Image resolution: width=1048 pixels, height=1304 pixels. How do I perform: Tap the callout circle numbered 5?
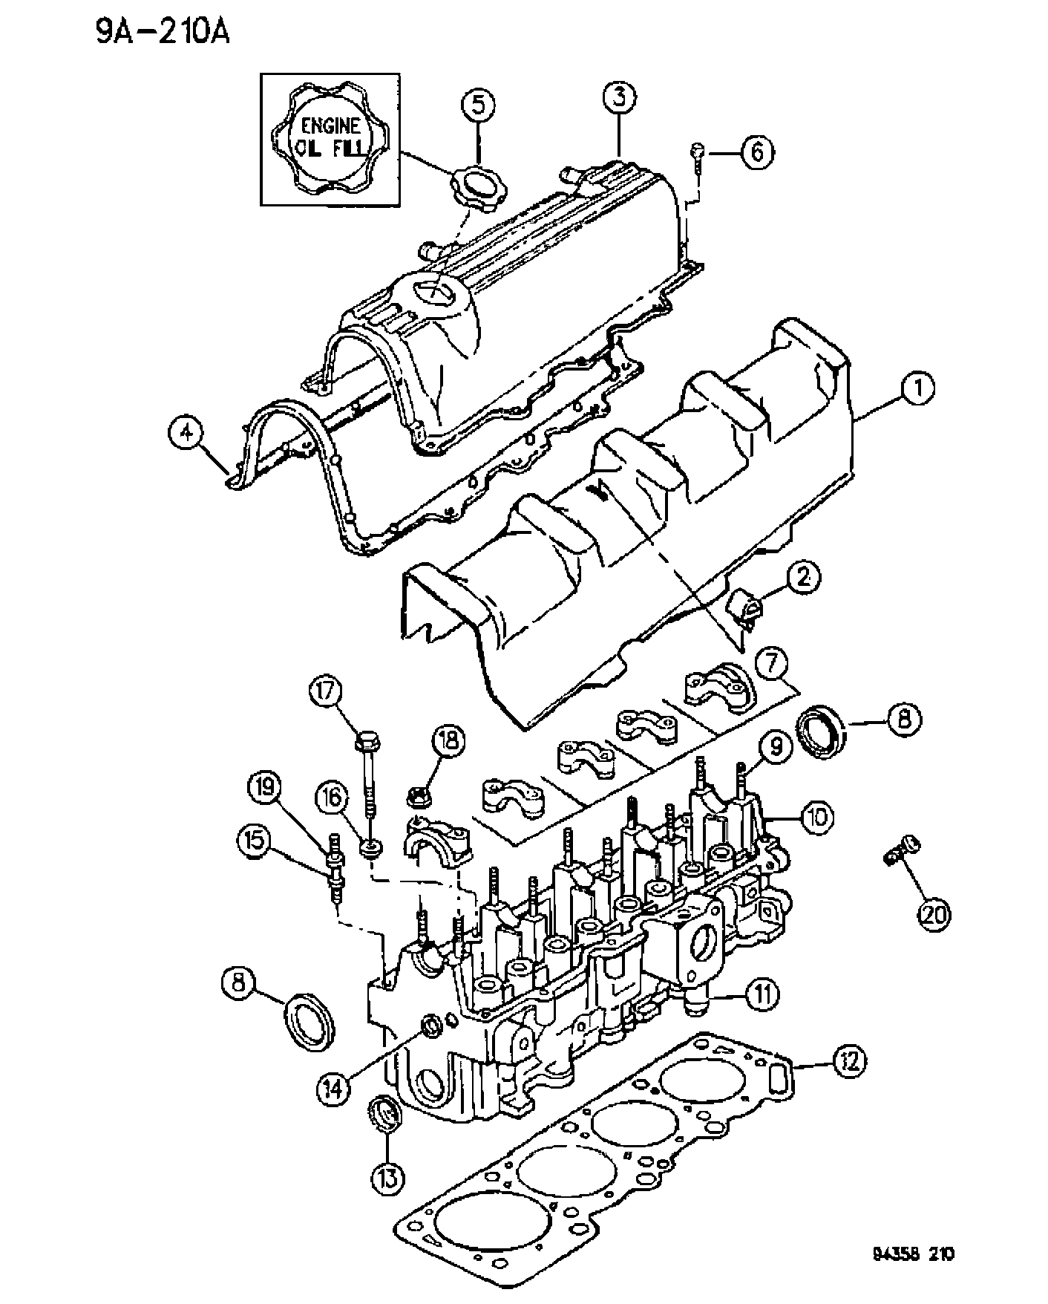(479, 105)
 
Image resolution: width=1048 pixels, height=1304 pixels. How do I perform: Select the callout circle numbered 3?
(618, 97)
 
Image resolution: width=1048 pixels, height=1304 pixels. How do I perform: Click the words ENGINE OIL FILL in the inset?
(330, 137)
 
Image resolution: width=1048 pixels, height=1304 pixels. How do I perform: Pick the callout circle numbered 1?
(918, 388)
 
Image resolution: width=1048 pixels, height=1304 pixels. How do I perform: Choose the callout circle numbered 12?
(847, 1061)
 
